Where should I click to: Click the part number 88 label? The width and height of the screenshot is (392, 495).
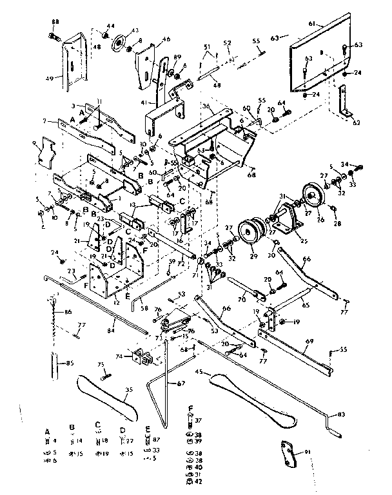[55, 22]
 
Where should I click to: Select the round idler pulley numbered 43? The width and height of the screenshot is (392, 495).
[119, 47]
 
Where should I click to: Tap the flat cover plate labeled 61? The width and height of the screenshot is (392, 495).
[322, 55]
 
